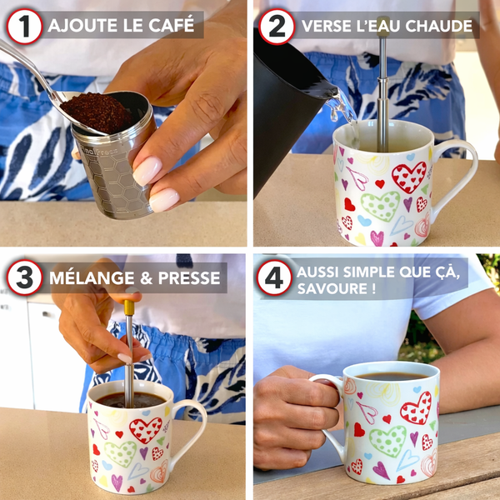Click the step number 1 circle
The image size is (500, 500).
pyautogui.click(x=24, y=26)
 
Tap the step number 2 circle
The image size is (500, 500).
pyautogui.click(x=277, y=26)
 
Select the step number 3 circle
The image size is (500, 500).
pyautogui.click(x=24, y=277)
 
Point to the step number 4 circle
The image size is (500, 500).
pyautogui.click(x=276, y=277)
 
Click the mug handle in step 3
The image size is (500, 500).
pyautogui.click(x=190, y=425)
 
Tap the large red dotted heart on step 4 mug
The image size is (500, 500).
pyautogui.click(x=415, y=407)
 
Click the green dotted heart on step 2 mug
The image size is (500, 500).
pyautogui.click(x=381, y=206)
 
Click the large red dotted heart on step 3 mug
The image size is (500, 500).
pyautogui.click(x=145, y=430)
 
